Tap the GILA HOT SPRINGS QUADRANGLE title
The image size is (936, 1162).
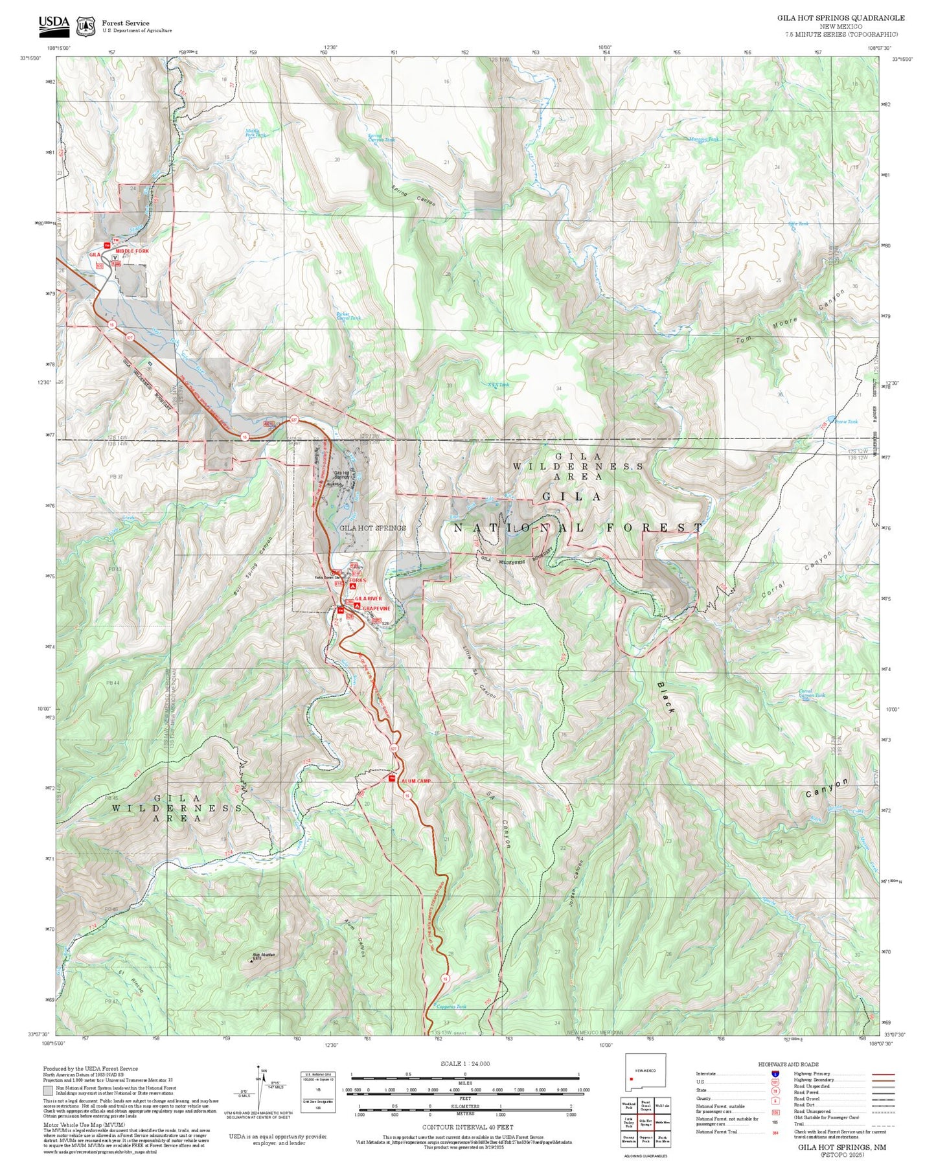[841, 18]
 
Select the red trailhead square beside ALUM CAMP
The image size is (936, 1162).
[391, 778]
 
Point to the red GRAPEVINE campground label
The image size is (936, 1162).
[376, 609]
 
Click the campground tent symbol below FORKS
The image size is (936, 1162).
[353, 586]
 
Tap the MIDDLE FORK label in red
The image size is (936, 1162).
[132, 251]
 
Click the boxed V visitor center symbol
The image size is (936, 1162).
[115, 258]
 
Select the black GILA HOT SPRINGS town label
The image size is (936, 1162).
[372, 528]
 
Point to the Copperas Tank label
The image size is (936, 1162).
[451, 1007]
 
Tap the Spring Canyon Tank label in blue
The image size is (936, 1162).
[381, 138]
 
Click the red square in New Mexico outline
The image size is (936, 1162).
[631, 1079]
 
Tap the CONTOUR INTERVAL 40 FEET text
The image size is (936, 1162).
[467, 1128]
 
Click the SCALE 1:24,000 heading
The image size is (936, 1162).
[465, 1064]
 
